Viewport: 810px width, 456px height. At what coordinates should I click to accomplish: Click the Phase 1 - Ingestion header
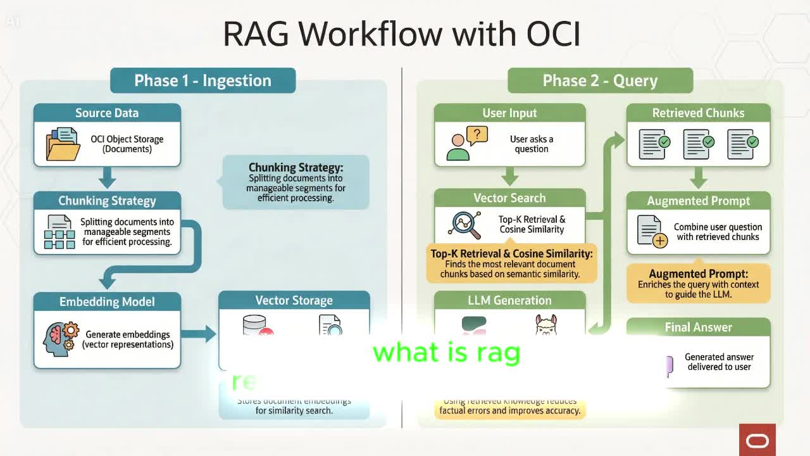pos(202,81)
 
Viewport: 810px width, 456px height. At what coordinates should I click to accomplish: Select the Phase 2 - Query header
pos(600,81)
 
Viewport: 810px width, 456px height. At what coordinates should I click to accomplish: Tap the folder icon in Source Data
pos(63,144)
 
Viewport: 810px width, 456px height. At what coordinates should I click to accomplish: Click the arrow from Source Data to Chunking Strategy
pos(107,177)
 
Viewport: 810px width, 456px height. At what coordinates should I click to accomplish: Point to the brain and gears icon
pos(61,339)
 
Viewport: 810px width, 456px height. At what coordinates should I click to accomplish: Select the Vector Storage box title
pos(294,301)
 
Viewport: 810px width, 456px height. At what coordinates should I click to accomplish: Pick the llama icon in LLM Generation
pos(545,325)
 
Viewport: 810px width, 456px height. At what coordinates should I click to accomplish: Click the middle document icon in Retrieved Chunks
pos(698,144)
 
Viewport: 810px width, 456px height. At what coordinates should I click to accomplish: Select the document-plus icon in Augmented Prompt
pos(652,232)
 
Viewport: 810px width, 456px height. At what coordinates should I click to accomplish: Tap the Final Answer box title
pos(698,327)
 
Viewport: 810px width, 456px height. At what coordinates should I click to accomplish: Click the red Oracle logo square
pos(757,440)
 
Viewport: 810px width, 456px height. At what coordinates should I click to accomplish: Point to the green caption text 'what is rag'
pos(447,353)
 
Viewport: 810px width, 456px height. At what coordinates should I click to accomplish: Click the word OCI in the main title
pos(549,34)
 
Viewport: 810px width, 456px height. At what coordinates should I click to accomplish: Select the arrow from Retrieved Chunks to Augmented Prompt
pos(698,178)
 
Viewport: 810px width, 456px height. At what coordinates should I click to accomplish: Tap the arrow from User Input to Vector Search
pos(509,177)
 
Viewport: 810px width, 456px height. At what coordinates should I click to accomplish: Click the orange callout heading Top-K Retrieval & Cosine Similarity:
pos(511,254)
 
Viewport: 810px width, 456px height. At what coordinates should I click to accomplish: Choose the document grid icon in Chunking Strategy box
pos(59,232)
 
